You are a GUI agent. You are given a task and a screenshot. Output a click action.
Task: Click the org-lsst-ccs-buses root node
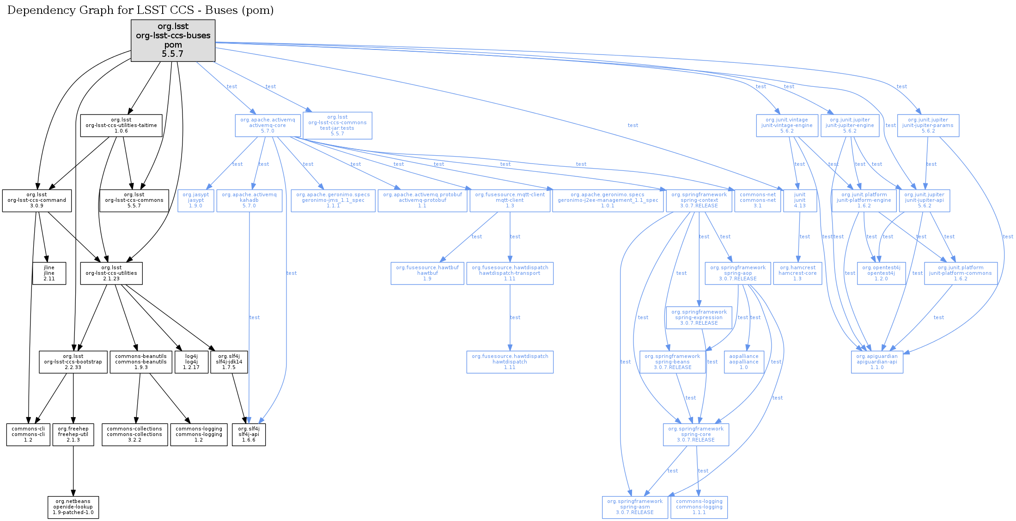173,40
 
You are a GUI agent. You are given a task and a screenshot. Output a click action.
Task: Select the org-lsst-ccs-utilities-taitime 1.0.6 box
121,126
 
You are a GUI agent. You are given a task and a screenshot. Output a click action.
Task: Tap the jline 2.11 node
49,273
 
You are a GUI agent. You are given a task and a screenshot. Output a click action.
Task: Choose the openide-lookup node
73,507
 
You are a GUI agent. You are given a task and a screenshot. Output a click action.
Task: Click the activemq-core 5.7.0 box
268,126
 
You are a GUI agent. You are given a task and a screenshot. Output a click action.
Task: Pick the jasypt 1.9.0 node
195,200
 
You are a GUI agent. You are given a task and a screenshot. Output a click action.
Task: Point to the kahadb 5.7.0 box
249,200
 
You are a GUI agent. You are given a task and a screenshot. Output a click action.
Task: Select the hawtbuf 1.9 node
427,273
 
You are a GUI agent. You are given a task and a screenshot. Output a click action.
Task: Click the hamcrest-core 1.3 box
797,273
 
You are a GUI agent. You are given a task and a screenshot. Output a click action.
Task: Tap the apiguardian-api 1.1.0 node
876,362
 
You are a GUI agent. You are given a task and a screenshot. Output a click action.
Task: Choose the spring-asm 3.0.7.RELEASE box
634,507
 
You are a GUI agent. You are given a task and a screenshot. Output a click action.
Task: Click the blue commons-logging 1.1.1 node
699,507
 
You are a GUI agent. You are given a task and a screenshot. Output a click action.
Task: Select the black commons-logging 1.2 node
199,435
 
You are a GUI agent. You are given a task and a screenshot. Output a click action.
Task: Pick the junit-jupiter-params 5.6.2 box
928,126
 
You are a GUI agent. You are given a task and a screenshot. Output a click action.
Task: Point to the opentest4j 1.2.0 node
881,273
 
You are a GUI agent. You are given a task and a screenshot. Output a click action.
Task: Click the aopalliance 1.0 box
743,362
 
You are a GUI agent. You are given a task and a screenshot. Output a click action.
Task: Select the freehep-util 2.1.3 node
73,435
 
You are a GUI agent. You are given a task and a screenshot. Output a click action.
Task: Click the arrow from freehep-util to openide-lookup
73,471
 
